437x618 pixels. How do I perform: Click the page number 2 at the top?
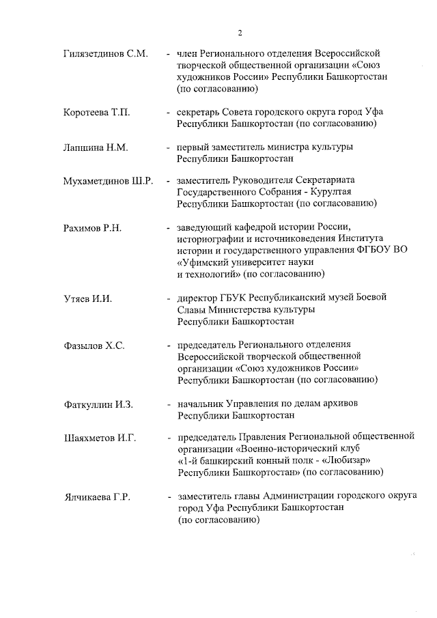coord(240,33)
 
